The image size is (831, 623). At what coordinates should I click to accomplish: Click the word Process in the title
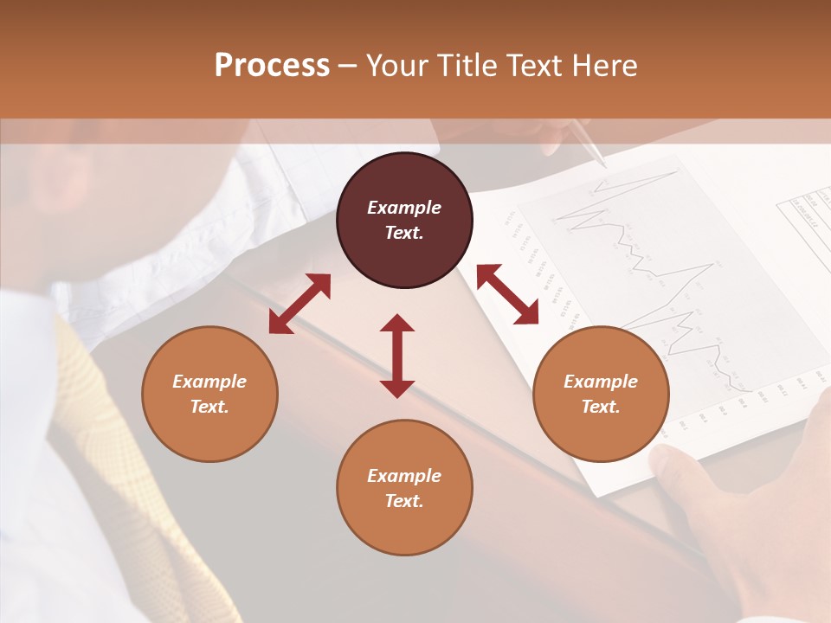(x=272, y=66)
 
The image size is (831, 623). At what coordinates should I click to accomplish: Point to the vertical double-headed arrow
(x=397, y=356)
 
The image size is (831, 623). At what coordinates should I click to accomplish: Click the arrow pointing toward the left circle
(x=300, y=304)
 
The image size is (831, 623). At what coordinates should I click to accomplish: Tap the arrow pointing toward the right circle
(x=507, y=294)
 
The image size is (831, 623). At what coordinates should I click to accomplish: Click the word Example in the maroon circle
(x=404, y=208)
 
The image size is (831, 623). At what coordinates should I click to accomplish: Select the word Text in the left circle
(x=209, y=407)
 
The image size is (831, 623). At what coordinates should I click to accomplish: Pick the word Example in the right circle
(x=601, y=382)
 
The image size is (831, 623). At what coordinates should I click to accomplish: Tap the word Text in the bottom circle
(x=404, y=501)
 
